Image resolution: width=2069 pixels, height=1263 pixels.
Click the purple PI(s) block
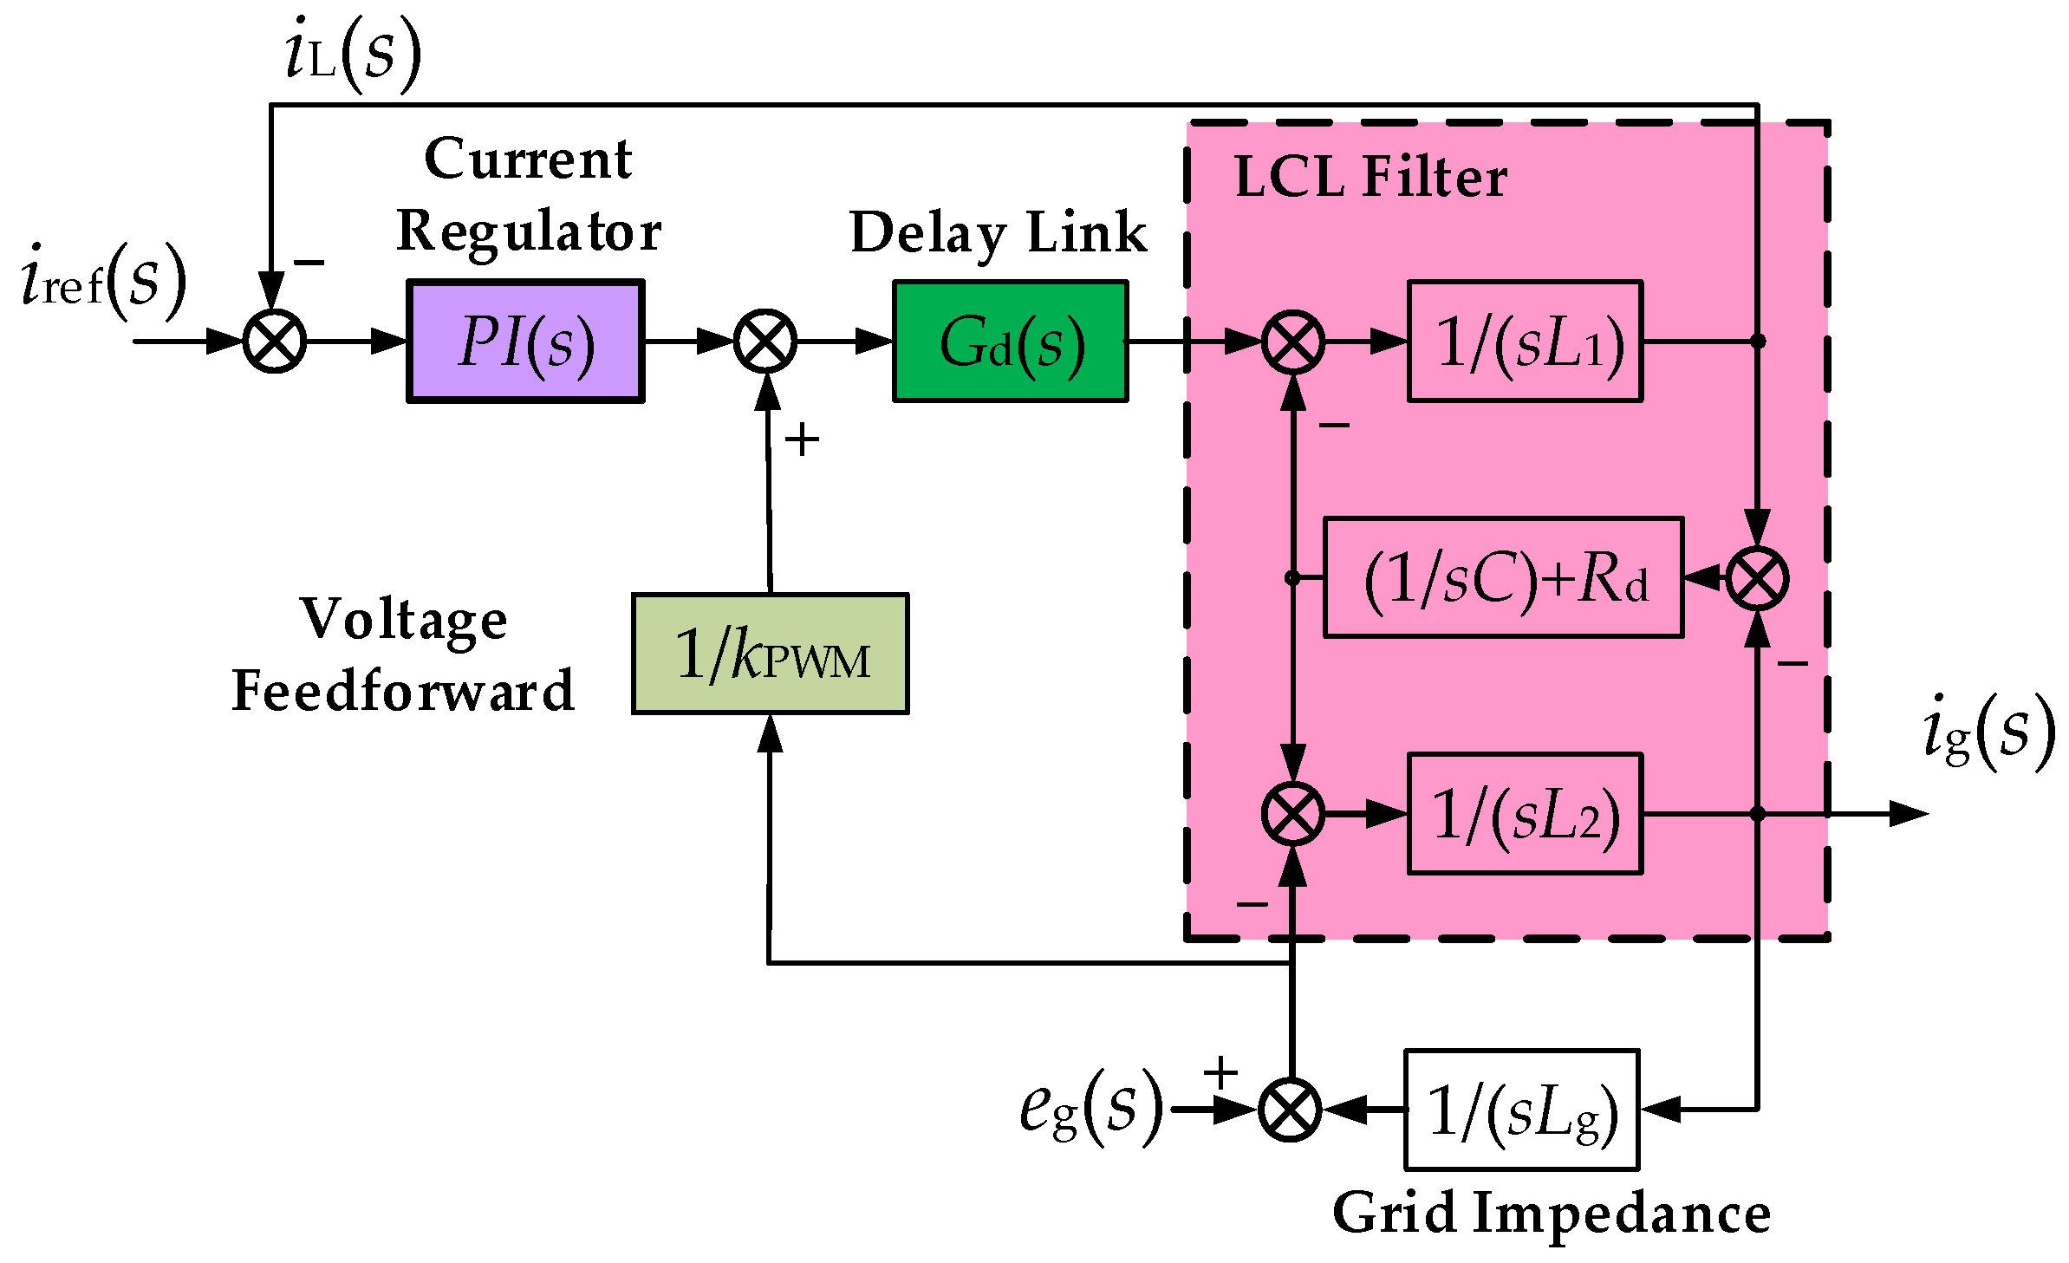pos(525,341)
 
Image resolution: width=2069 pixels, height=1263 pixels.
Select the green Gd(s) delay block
pos(1011,341)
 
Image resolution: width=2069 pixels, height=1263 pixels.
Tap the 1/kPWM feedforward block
pos(771,654)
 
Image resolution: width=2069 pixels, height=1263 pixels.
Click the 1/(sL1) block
pos(1525,341)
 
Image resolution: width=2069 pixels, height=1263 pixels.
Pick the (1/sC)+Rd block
pos(1503,577)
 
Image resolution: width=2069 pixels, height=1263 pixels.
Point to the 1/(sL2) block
pos(1525,813)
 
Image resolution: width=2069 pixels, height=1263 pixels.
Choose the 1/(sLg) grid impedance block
pos(1521,1110)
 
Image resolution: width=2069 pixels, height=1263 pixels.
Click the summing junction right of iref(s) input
pos(274,341)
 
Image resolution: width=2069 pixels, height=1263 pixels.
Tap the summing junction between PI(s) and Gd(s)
pos(765,341)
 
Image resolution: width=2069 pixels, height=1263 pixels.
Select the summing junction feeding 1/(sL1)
pos(1292,341)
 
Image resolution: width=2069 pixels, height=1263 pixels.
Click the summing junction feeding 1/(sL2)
pos(1292,813)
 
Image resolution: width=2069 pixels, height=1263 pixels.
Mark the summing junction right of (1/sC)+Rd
pos(1757,578)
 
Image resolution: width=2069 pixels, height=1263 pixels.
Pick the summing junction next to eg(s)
pos(1290,1110)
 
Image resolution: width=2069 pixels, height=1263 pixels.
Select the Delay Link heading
pos(999,232)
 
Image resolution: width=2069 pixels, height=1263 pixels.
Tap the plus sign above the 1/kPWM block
pos(802,439)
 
